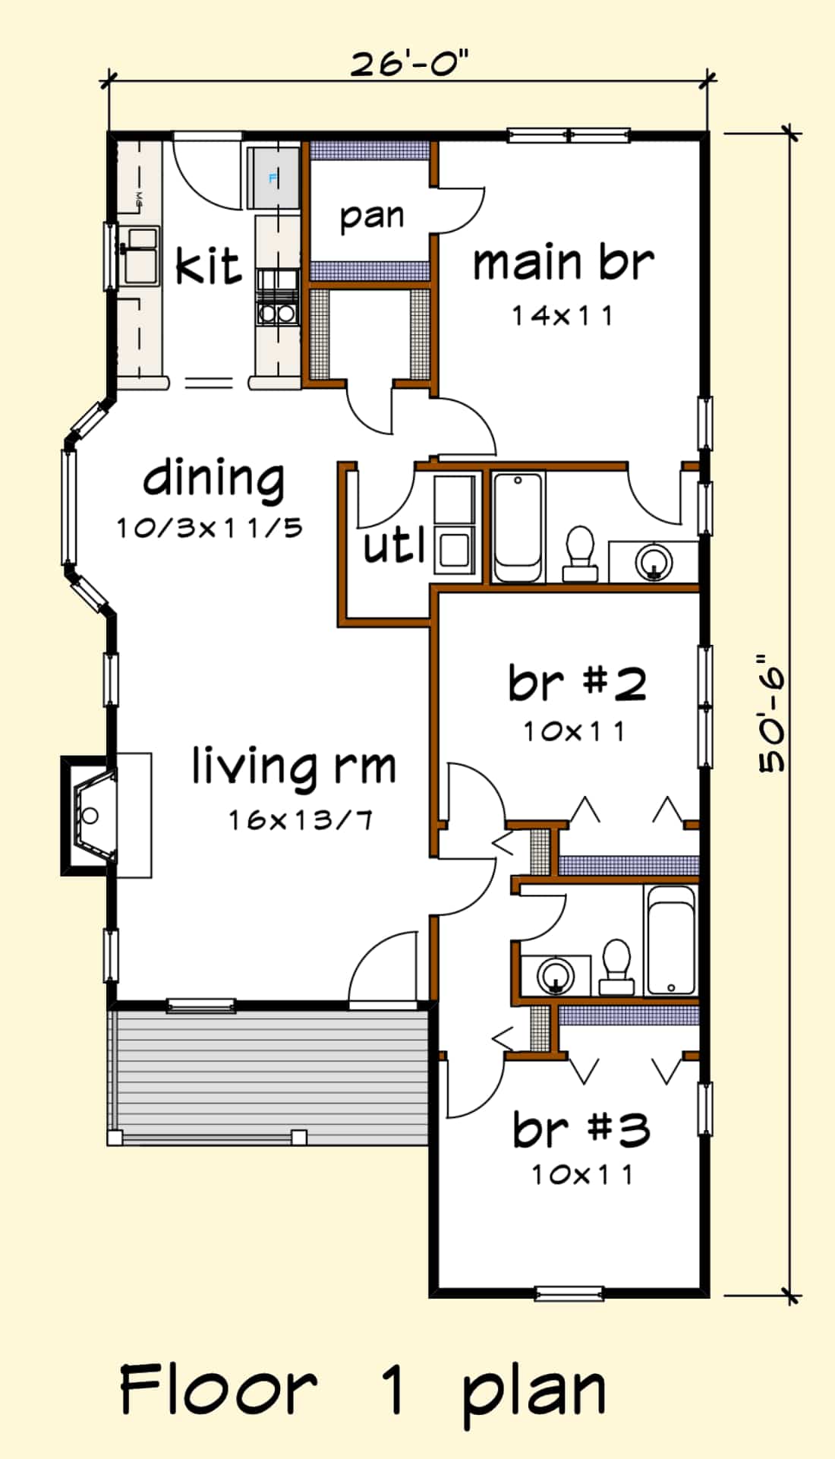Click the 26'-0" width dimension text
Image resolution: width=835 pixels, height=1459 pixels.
pyautogui.click(x=409, y=64)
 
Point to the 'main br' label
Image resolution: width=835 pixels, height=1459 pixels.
pyautogui.click(x=562, y=262)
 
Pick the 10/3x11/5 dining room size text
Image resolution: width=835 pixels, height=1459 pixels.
pyautogui.click(x=210, y=527)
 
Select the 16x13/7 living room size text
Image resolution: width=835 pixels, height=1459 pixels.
pyautogui.click(x=301, y=820)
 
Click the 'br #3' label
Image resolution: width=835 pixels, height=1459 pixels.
pyautogui.click(x=581, y=1129)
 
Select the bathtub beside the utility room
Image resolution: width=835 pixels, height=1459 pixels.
pyautogui.click(x=518, y=527)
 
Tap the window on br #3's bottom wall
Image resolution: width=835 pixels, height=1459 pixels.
pyautogui.click(x=569, y=1293)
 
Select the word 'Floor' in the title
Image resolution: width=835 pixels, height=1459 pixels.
pyautogui.click(x=219, y=1391)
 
